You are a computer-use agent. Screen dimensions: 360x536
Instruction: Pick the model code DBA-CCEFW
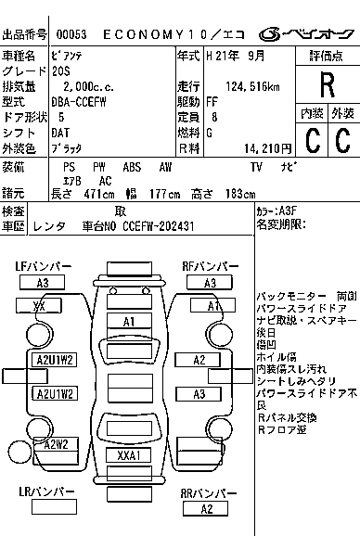80,102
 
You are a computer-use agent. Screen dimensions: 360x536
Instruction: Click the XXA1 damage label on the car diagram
129,455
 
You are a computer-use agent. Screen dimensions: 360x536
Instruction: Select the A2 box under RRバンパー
207,508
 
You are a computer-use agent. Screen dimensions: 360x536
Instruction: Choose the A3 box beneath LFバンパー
42,283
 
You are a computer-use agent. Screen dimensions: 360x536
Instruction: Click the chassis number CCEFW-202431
162,225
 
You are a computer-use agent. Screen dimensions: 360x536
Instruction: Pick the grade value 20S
61,71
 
